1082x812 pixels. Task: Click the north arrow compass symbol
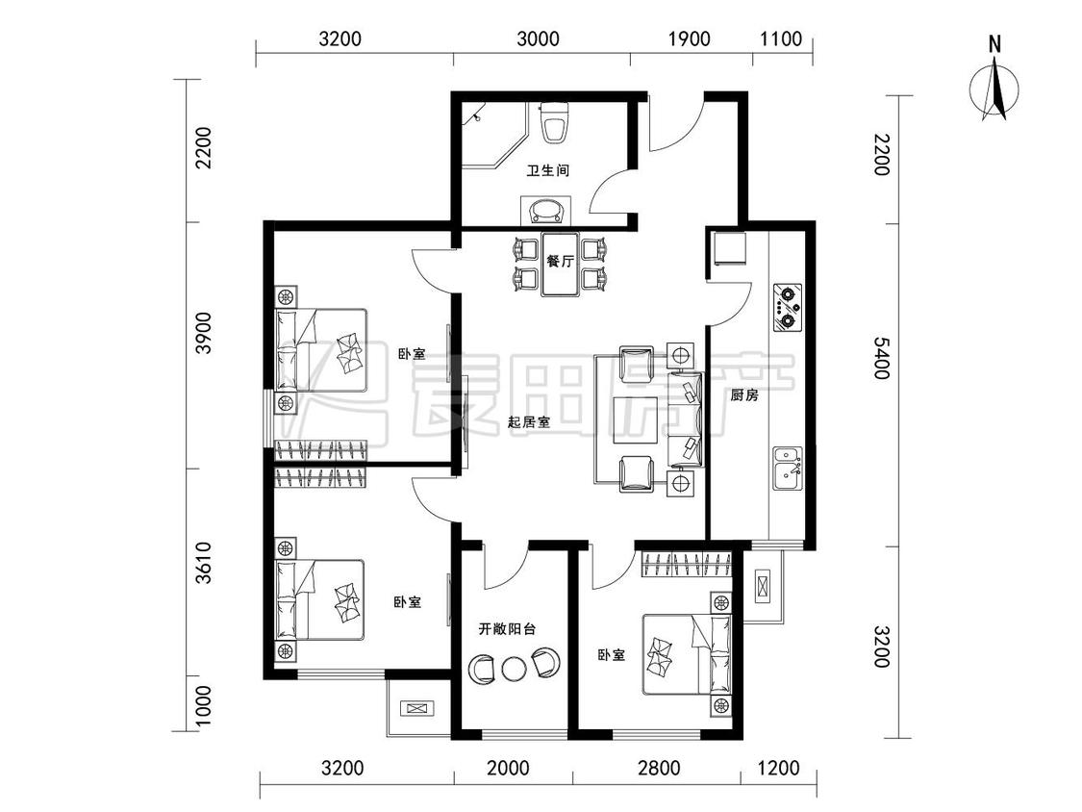tap(994, 89)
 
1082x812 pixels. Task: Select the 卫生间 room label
tap(548, 170)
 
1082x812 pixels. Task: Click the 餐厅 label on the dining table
tap(560, 262)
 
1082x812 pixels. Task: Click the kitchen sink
tap(788, 468)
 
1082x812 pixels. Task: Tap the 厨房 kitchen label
tap(743, 395)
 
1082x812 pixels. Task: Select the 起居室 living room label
tap(529, 422)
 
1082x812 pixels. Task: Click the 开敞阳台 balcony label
tap(507, 629)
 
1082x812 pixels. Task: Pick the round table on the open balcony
tap(514, 668)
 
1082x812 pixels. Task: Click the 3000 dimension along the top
tap(539, 38)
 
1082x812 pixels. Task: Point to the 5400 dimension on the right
tap(882, 358)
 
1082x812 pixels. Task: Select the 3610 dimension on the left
tap(203, 562)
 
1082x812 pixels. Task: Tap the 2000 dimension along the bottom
tap(509, 768)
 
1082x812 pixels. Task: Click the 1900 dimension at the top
tap(690, 38)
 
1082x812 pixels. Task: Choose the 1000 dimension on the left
tap(203, 705)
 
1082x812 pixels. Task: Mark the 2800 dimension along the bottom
tap(659, 768)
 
